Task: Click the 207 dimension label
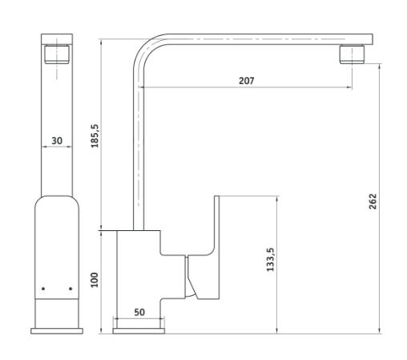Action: (x=246, y=80)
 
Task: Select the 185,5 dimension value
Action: (x=95, y=136)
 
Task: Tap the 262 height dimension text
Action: (x=373, y=201)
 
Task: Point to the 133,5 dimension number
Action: (x=270, y=260)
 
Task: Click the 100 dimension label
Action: (x=95, y=280)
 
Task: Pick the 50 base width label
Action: (x=139, y=312)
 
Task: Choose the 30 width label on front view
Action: (x=57, y=140)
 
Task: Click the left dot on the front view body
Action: (x=43, y=289)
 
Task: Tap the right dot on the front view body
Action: (x=71, y=289)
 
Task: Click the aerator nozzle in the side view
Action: (x=352, y=55)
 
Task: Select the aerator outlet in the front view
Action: (x=57, y=55)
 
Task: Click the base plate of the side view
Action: (x=139, y=331)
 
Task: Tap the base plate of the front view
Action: (x=57, y=331)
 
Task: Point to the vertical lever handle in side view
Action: (x=216, y=247)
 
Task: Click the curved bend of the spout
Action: (x=147, y=47)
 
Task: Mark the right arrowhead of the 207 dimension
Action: (x=349, y=87)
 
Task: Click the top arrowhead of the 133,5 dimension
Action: (x=277, y=199)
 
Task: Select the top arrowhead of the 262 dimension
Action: (x=380, y=67)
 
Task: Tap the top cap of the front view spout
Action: (x=57, y=39)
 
